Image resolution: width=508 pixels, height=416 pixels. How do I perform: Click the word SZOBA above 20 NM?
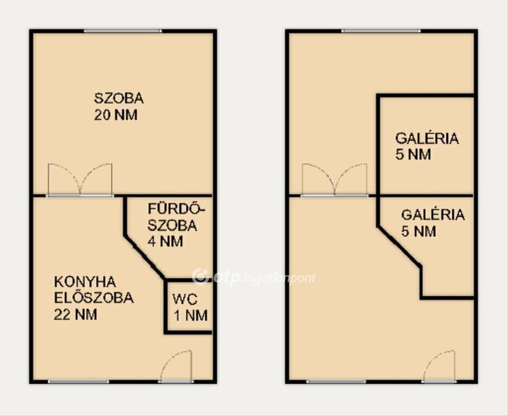119,98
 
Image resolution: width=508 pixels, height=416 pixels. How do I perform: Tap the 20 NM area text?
116,115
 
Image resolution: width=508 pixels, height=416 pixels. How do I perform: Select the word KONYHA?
85,282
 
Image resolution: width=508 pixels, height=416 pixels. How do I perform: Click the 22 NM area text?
75,314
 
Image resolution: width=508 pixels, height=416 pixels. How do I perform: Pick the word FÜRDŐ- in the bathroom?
177,209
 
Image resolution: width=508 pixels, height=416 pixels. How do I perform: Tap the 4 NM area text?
165,241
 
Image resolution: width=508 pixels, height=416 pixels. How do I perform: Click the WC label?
185,300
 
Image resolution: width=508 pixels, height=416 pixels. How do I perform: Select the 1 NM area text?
190,316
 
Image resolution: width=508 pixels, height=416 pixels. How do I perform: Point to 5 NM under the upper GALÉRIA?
413,154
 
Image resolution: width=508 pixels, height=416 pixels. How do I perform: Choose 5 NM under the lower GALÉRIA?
419,231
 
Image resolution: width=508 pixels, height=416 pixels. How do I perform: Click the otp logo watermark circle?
200,277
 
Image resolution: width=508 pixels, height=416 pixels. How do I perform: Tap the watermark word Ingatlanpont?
279,278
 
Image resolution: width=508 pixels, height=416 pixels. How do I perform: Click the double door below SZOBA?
80,179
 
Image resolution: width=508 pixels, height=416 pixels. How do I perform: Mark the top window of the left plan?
123,31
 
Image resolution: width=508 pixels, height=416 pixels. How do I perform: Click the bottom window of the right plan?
336,382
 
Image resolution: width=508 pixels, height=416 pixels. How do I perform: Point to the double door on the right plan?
334,179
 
